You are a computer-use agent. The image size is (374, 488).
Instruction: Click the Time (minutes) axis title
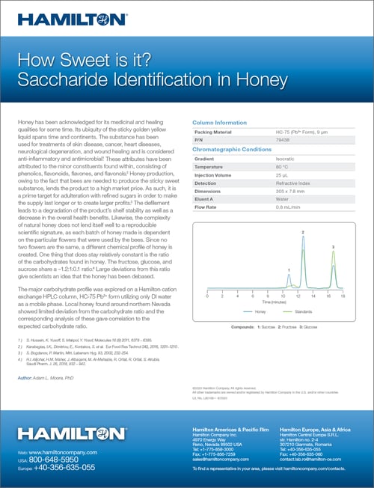coord(274,302)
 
